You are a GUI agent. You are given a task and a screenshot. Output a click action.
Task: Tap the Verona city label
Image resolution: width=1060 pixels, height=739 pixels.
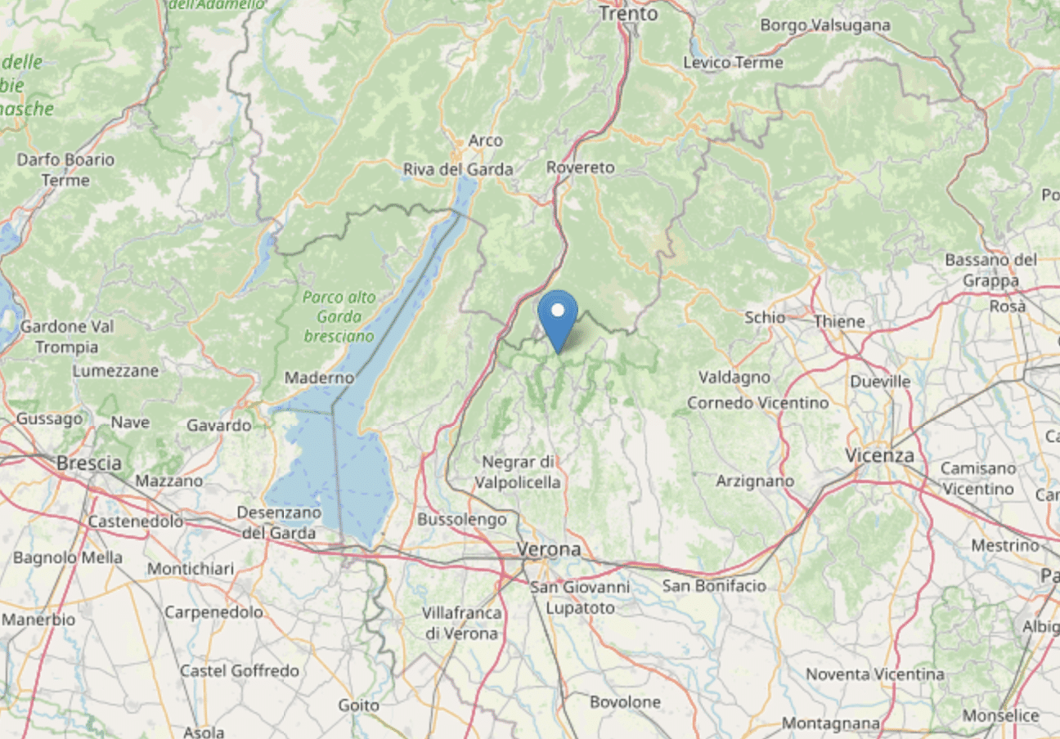548,549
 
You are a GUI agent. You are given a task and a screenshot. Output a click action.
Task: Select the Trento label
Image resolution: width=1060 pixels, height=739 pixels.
628,14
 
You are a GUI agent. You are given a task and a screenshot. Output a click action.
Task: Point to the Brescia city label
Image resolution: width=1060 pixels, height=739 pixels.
89,463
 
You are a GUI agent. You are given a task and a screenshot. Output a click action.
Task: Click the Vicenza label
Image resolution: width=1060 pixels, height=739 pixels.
880,455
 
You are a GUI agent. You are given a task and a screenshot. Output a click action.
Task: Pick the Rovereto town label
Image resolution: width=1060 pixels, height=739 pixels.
580,167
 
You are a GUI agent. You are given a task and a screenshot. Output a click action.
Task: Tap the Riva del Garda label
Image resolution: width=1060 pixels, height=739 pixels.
458,169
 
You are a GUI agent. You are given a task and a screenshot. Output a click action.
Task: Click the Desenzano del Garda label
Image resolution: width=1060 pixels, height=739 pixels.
276,522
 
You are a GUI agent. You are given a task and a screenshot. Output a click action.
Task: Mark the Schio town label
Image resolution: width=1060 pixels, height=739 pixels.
765,317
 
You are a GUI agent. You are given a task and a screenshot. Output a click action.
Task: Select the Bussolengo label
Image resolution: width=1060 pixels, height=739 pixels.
461,519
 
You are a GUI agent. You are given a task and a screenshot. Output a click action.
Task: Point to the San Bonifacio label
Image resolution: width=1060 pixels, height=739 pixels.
714,585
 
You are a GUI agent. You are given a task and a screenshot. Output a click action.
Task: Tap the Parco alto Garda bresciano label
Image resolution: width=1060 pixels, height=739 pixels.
339,316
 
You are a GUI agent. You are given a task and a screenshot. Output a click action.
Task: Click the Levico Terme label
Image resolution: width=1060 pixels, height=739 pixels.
733,63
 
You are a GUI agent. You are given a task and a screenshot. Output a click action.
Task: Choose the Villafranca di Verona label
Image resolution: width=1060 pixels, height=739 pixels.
461,623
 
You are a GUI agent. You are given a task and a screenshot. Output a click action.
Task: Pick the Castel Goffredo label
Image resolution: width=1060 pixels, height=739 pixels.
240,671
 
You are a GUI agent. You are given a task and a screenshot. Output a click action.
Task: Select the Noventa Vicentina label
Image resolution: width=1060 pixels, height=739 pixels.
875,674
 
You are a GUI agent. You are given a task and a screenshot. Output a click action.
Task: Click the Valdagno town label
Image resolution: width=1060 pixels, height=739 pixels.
734,377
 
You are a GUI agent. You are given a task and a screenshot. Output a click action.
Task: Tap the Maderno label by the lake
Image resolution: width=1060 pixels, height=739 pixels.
319,378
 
